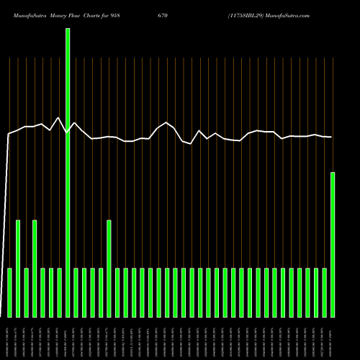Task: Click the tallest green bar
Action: pos(68,173)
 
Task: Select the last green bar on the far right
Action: pos(333,245)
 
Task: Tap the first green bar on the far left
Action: pos(10,292)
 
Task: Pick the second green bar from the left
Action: pos(18,268)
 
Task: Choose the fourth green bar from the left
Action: pos(35,268)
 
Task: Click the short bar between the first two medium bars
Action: pos(27,292)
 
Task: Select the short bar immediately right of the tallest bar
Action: pos(76,292)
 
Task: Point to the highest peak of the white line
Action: pos(58,118)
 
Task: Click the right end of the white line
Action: pos(331,137)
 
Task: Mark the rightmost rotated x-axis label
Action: pos(332,338)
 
